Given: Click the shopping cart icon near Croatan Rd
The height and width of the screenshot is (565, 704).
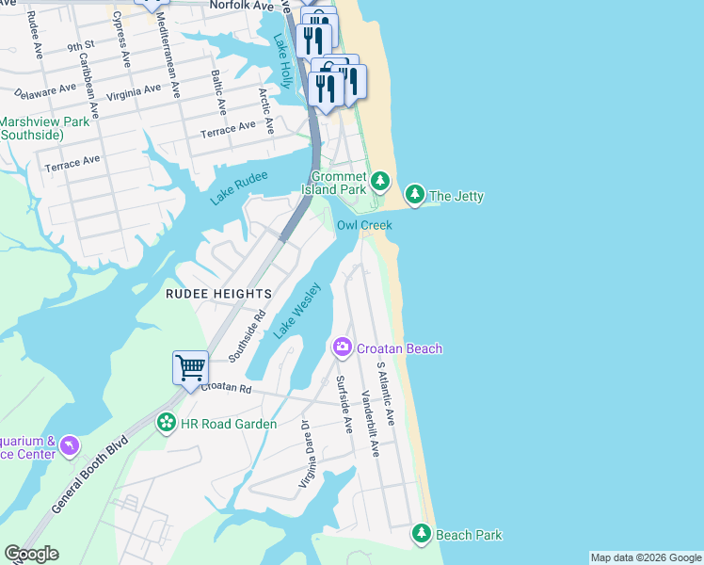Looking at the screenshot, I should (190, 367).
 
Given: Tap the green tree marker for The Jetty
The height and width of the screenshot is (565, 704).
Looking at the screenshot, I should (414, 195).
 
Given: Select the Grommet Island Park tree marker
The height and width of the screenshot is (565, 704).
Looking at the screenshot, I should (379, 179).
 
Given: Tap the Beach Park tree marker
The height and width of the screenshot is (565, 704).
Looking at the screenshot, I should (422, 535).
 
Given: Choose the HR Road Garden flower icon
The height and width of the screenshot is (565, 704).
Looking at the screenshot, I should (167, 423).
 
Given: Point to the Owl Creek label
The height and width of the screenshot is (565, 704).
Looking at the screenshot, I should (364, 225).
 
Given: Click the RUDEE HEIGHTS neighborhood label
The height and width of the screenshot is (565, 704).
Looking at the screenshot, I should (218, 294).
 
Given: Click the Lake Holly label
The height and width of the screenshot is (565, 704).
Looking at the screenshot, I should (283, 61).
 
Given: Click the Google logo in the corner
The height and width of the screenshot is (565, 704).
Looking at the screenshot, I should (31, 554).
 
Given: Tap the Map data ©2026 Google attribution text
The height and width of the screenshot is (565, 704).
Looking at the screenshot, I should (645, 557).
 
